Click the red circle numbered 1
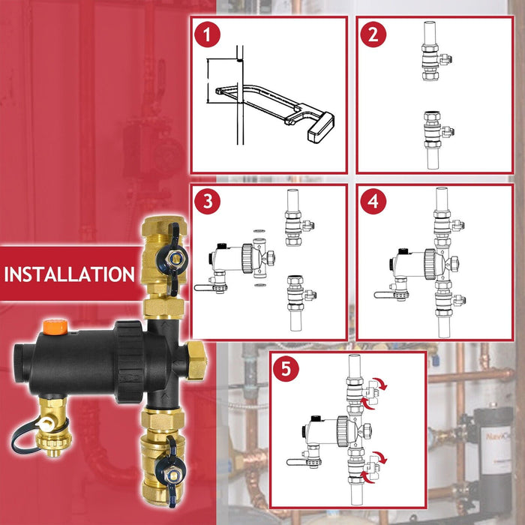coord(207,34)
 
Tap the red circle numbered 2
coord(373,34)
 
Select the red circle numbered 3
coord(208,202)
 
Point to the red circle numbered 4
coord(373,202)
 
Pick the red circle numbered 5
coord(286,369)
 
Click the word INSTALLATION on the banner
coord(70,274)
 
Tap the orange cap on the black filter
coord(55,327)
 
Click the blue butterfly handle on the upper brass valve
coord(173,259)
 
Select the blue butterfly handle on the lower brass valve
coord(171,469)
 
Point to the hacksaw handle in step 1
coord(321,127)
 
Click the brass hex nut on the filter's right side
coord(196,360)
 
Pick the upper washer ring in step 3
coord(258,231)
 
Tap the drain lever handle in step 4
coord(384,295)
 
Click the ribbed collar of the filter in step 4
coord(430,264)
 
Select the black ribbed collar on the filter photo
coord(129,361)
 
